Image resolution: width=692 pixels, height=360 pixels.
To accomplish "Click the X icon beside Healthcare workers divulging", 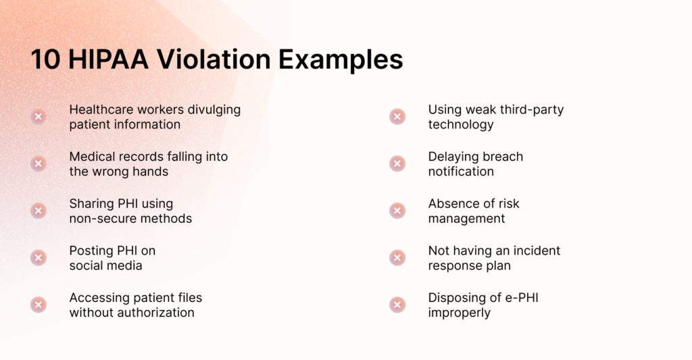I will point(39,117).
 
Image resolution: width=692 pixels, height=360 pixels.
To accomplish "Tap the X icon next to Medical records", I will point(39,163).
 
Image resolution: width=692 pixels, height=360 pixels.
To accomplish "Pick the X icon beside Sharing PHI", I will point(39,211).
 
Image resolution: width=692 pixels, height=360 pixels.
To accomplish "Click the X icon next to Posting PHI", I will point(39,258).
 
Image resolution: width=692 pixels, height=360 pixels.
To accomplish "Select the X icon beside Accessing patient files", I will point(39,305).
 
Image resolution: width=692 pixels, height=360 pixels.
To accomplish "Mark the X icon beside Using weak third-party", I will point(397,117).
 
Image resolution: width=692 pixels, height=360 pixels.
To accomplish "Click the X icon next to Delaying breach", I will point(397,163).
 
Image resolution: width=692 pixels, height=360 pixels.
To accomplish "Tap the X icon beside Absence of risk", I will point(397,211).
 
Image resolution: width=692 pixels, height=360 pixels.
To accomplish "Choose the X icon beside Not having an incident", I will point(397,258).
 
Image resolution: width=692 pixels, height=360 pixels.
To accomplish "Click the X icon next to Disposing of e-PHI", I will point(397,305).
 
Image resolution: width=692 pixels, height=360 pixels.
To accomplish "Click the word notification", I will point(461,172).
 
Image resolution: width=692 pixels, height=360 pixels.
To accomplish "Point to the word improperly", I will point(459,313).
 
